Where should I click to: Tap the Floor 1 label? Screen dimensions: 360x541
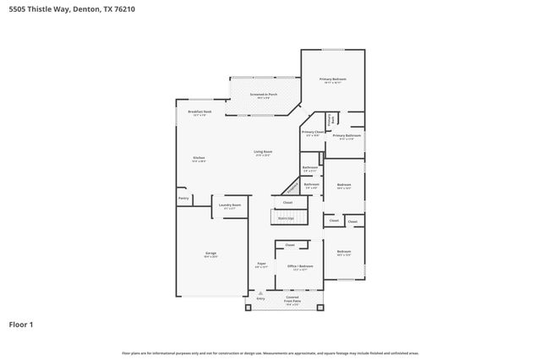(x=21, y=324)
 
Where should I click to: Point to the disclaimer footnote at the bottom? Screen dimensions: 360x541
(x=270, y=352)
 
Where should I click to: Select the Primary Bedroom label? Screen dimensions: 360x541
(x=332, y=79)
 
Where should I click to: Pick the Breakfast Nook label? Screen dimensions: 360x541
(x=200, y=113)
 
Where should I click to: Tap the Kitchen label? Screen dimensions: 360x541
(x=199, y=158)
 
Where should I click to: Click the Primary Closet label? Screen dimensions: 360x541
(x=312, y=132)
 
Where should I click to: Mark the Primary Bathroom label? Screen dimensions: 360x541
(x=347, y=136)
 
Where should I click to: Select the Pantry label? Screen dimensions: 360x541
(x=183, y=199)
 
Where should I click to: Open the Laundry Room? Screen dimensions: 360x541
(x=230, y=205)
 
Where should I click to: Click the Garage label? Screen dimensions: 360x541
(x=210, y=254)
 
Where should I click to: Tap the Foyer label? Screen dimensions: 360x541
(x=261, y=265)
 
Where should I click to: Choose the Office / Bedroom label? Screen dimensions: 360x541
(x=300, y=266)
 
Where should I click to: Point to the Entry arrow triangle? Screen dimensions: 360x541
(x=260, y=293)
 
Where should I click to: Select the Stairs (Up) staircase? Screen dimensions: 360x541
(x=286, y=217)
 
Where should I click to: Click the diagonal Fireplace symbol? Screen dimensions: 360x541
(x=292, y=187)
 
